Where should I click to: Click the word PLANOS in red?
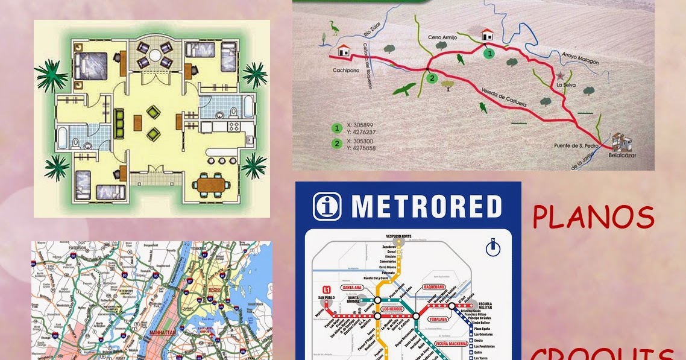(593, 218)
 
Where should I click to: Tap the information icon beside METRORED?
(327, 206)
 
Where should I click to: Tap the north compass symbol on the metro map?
(494, 248)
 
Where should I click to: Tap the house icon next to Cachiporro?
(344, 50)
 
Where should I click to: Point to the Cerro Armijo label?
(443, 37)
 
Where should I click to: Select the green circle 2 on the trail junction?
(431, 78)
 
